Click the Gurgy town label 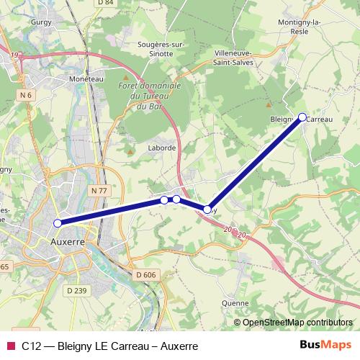pos(38,22)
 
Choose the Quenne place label pos(235,303)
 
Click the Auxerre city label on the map pos(68,242)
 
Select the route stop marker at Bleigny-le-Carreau pos(302,117)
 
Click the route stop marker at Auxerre pos(58,223)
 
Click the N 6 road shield pos(27,95)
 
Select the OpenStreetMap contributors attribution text pos(297,322)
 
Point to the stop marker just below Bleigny pos(207,210)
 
